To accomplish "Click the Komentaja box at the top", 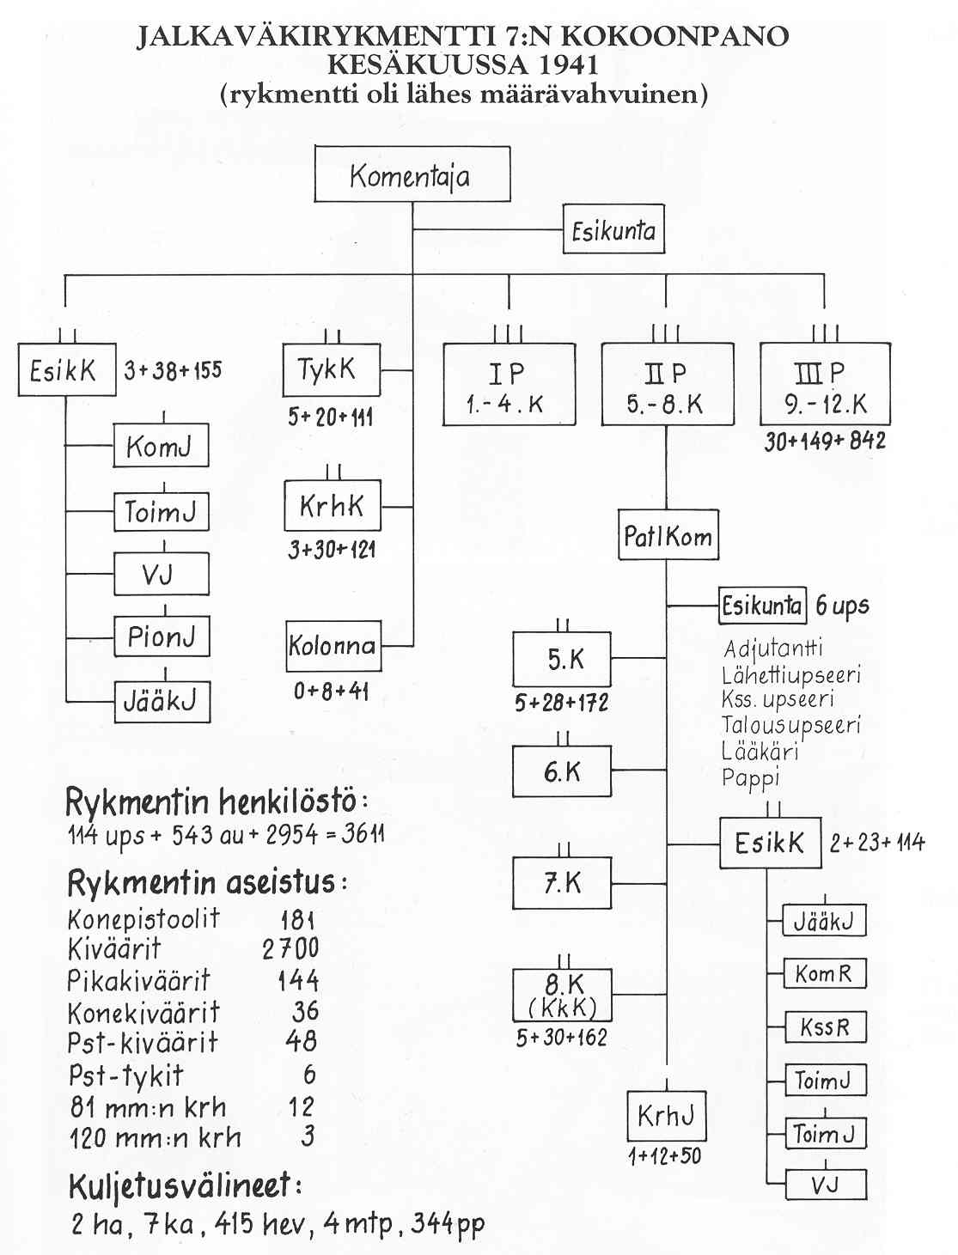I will click(x=412, y=174).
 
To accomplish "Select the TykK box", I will click(x=331, y=370).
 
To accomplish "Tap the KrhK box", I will click(x=332, y=506).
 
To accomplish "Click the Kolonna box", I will click(x=333, y=645).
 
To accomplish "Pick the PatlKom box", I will click(x=668, y=536).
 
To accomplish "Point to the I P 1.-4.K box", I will click(x=509, y=385).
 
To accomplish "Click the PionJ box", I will click(x=162, y=637).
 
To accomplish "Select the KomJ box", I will click(x=161, y=446).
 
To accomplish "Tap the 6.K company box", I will click(x=562, y=771).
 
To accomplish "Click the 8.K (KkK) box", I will click(x=562, y=995).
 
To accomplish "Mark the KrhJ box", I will click(x=666, y=1116).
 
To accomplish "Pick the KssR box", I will click(x=825, y=1027).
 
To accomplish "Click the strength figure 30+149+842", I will click(x=825, y=442).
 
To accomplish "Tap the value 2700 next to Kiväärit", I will click(x=290, y=948).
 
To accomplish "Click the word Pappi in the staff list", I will click(x=751, y=778).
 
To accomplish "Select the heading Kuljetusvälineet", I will click(x=185, y=1186).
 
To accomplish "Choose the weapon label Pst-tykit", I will click(x=125, y=1075).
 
